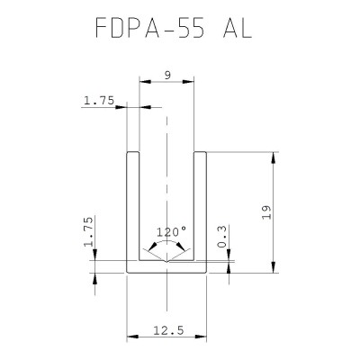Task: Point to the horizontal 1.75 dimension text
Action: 98,102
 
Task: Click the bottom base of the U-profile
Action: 166,267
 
